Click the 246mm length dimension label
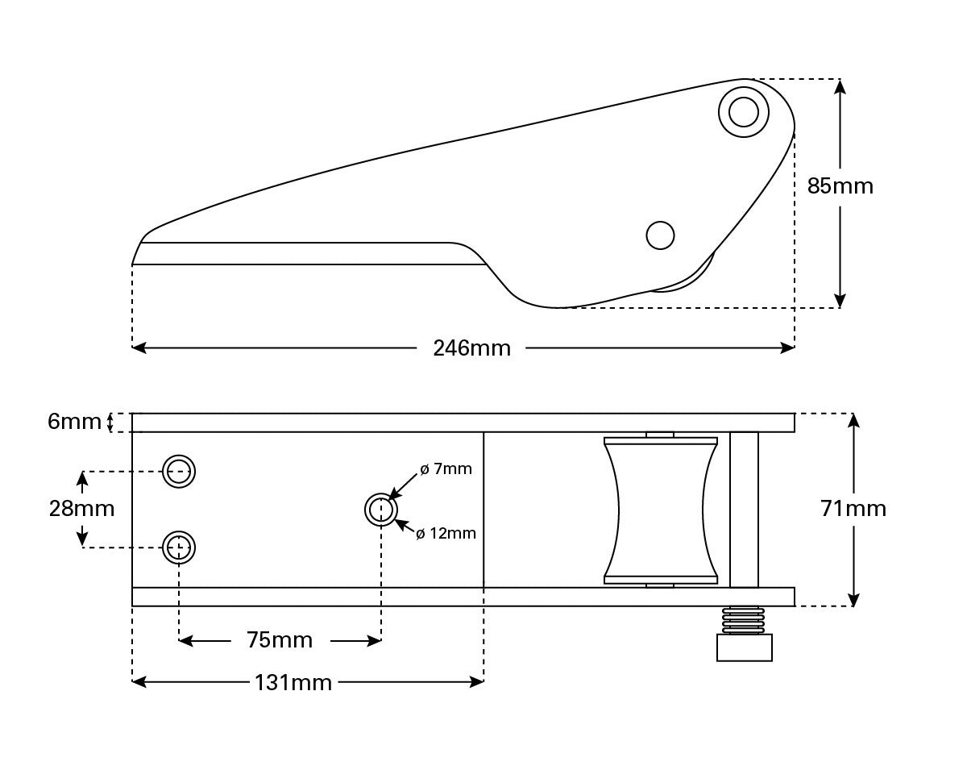point(471,348)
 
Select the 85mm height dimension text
point(840,186)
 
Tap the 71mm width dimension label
point(853,509)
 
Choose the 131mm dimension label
point(293,683)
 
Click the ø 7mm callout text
point(446,469)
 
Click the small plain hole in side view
point(660,235)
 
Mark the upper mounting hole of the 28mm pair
point(179,471)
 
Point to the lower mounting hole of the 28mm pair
point(179,547)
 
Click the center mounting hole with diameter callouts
point(381,510)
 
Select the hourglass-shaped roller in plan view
point(660,510)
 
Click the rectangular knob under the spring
point(744,647)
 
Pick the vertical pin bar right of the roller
point(744,510)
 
